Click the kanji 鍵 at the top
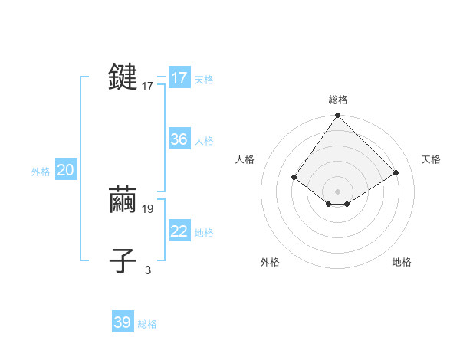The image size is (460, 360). (x=123, y=77)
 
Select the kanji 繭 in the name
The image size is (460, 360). (x=123, y=200)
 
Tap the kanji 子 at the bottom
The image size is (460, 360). (x=123, y=261)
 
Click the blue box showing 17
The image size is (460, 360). (x=179, y=78)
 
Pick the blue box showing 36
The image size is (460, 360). (x=179, y=139)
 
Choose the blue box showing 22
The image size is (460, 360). (x=179, y=231)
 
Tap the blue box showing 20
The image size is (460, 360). (x=65, y=170)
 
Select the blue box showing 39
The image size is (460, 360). (x=123, y=322)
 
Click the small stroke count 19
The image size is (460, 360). (x=148, y=208)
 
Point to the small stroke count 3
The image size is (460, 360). (x=148, y=270)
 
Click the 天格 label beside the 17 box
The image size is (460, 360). (x=204, y=80)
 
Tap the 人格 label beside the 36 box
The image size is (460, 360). (x=204, y=141)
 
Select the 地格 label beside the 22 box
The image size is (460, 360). (x=204, y=233)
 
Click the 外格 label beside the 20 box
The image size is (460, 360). (x=41, y=172)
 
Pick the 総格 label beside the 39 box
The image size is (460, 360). (x=147, y=324)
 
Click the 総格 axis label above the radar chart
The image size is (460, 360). (x=338, y=100)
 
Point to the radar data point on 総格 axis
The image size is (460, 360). (x=338, y=116)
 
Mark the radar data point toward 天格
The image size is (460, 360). (x=396, y=173)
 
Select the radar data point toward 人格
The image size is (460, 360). (x=294, y=178)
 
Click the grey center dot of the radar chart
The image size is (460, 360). (x=338, y=191)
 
